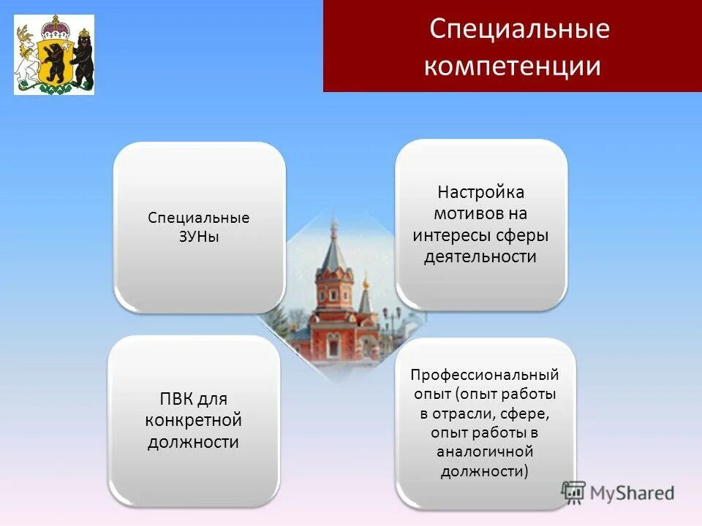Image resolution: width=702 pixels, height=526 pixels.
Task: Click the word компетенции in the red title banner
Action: coord(512,66)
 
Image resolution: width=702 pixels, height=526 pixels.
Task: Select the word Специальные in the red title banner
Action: coord(519,30)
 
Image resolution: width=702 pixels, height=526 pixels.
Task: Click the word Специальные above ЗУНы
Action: coord(199,218)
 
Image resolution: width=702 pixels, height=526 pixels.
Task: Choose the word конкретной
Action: coord(193,421)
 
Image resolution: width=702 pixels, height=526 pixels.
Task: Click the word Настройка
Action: coord(481,193)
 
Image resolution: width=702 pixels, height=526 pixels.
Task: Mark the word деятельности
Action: coord(480,257)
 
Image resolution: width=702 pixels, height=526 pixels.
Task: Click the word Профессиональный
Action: coord(485,375)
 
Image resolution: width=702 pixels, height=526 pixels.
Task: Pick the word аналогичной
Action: coord(485,451)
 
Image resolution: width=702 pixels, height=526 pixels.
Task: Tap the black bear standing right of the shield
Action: coord(83,57)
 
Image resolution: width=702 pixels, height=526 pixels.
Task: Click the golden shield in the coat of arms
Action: coord(53,62)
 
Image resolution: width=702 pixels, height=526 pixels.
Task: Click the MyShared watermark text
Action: coord(632,493)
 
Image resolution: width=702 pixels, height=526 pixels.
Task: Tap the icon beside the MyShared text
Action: coord(574,492)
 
